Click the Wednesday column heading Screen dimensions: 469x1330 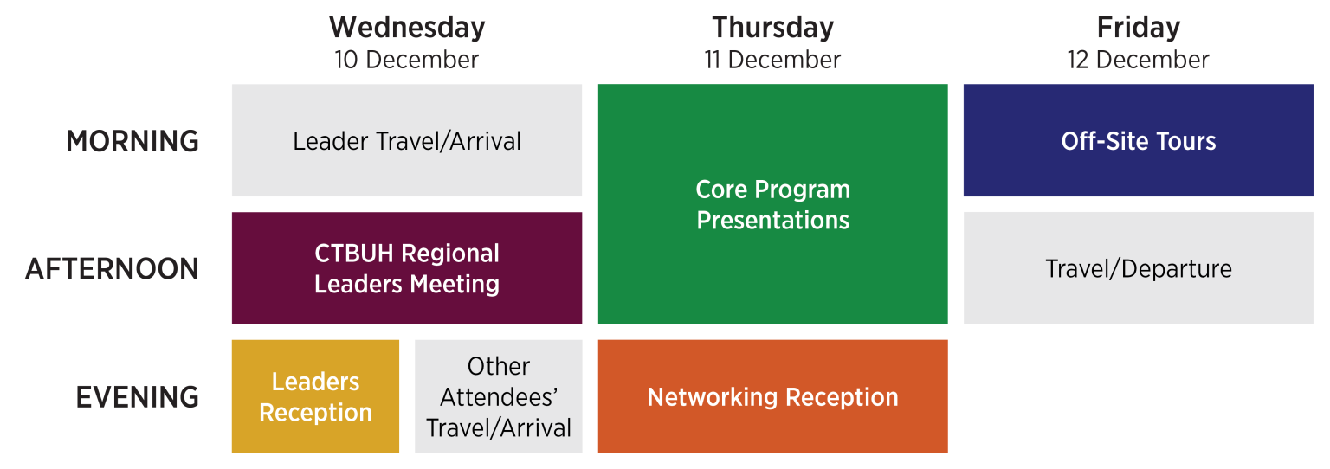click(x=407, y=28)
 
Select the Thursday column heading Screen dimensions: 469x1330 click(x=772, y=28)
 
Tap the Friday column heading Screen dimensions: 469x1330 click(x=1138, y=28)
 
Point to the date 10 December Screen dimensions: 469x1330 click(x=407, y=60)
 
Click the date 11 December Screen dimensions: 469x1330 click(x=772, y=60)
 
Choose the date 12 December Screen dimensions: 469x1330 click(x=1138, y=60)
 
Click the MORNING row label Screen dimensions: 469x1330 click(x=132, y=141)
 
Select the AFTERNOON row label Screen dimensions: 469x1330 click(x=112, y=269)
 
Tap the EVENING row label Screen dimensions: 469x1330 click(x=138, y=397)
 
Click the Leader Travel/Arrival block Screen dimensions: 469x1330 click(x=407, y=140)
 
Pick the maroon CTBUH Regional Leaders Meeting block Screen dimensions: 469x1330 click(x=407, y=268)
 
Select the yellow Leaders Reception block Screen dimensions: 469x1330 click(x=315, y=396)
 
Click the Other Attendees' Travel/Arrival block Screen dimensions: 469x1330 click(x=499, y=396)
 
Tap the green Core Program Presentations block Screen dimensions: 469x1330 click(x=772, y=204)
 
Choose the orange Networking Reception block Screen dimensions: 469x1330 click(x=772, y=396)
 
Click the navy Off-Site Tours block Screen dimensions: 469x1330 click(x=1138, y=140)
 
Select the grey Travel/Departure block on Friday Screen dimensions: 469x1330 click(x=1138, y=268)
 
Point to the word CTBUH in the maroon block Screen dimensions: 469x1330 click(x=356, y=254)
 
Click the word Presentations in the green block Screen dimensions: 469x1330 click(x=772, y=221)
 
